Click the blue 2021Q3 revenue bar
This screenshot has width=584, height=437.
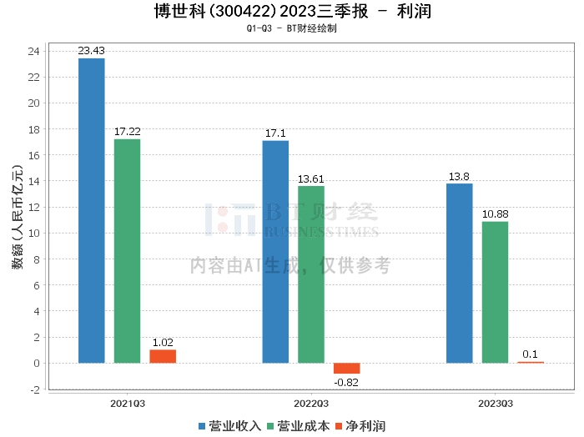click(x=91, y=210)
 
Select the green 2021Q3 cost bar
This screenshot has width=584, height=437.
click(x=127, y=251)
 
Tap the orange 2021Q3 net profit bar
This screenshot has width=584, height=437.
click(x=163, y=356)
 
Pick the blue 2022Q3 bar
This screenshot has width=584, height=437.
click(x=275, y=252)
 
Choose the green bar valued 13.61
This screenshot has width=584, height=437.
click(x=311, y=274)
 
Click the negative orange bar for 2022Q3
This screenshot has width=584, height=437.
click(x=347, y=369)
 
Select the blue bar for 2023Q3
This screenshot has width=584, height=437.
click(x=460, y=274)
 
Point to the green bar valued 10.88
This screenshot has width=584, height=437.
click(x=495, y=292)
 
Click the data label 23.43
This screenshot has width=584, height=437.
click(x=91, y=51)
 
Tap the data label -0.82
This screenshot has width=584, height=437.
click(x=347, y=382)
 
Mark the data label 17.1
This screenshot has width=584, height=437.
click(x=275, y=133)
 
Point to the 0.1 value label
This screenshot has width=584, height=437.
click(x=531, y=354)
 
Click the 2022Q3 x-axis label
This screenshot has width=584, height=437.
click(x=311, y=403)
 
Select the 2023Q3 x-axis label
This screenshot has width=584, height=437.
click(x=496, y=403)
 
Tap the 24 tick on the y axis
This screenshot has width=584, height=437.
click(x=34, y=52)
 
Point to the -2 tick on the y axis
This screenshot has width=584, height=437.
click(x=34, y=389)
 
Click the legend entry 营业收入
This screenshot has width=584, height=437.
click(x=229, y=426)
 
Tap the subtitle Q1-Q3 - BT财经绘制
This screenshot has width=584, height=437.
click(x=292, y=28)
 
